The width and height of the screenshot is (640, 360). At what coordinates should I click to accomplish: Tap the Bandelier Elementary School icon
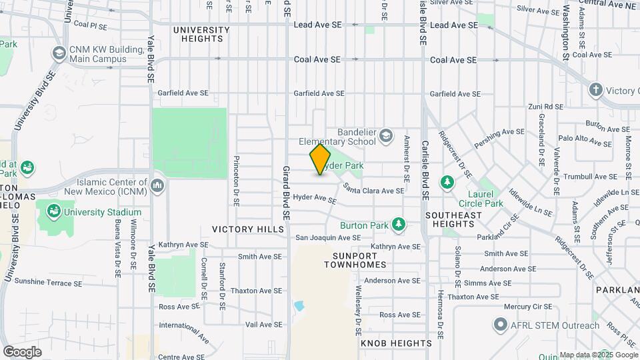click(386, 137)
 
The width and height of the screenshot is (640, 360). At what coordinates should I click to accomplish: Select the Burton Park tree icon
click(399, 225)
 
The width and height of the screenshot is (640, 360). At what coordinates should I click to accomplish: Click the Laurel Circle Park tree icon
click(447, 182)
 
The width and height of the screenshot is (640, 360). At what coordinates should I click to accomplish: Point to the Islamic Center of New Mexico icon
click(157, 183)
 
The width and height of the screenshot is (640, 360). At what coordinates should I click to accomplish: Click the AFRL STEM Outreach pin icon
click(501, 325)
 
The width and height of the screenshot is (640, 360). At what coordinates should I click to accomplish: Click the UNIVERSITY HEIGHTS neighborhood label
click(201, 34)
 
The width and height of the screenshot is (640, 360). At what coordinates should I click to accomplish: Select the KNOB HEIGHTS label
click(396, 343)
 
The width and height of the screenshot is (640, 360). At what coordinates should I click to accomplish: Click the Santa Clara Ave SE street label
click(373, 190)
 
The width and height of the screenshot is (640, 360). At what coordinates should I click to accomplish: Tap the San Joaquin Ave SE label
click(328, 237)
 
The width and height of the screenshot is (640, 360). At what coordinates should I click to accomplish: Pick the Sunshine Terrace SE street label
click(48, 283)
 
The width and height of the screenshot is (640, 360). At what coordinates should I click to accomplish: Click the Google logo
click(22, 351)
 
